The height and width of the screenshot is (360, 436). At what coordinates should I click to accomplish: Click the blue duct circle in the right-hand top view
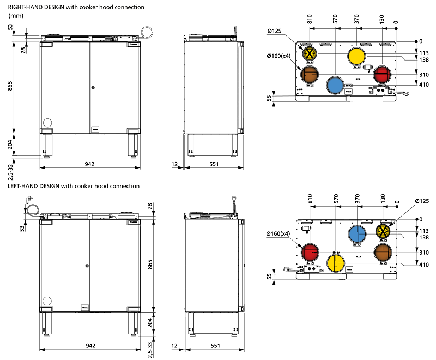[335, 85]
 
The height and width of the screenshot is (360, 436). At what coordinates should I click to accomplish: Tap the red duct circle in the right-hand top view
[383, 74]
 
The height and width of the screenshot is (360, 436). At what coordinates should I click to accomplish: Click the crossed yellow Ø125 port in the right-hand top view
[310, 54]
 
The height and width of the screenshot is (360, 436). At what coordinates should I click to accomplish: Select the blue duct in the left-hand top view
[357, 235]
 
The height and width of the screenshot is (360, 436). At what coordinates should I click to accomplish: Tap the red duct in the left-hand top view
[311, 253]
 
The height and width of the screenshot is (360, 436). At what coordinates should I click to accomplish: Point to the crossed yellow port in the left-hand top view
[384, 232]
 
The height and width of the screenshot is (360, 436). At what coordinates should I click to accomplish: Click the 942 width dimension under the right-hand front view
[90, 163]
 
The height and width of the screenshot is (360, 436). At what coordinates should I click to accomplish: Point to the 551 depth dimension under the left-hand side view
[215, 346]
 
